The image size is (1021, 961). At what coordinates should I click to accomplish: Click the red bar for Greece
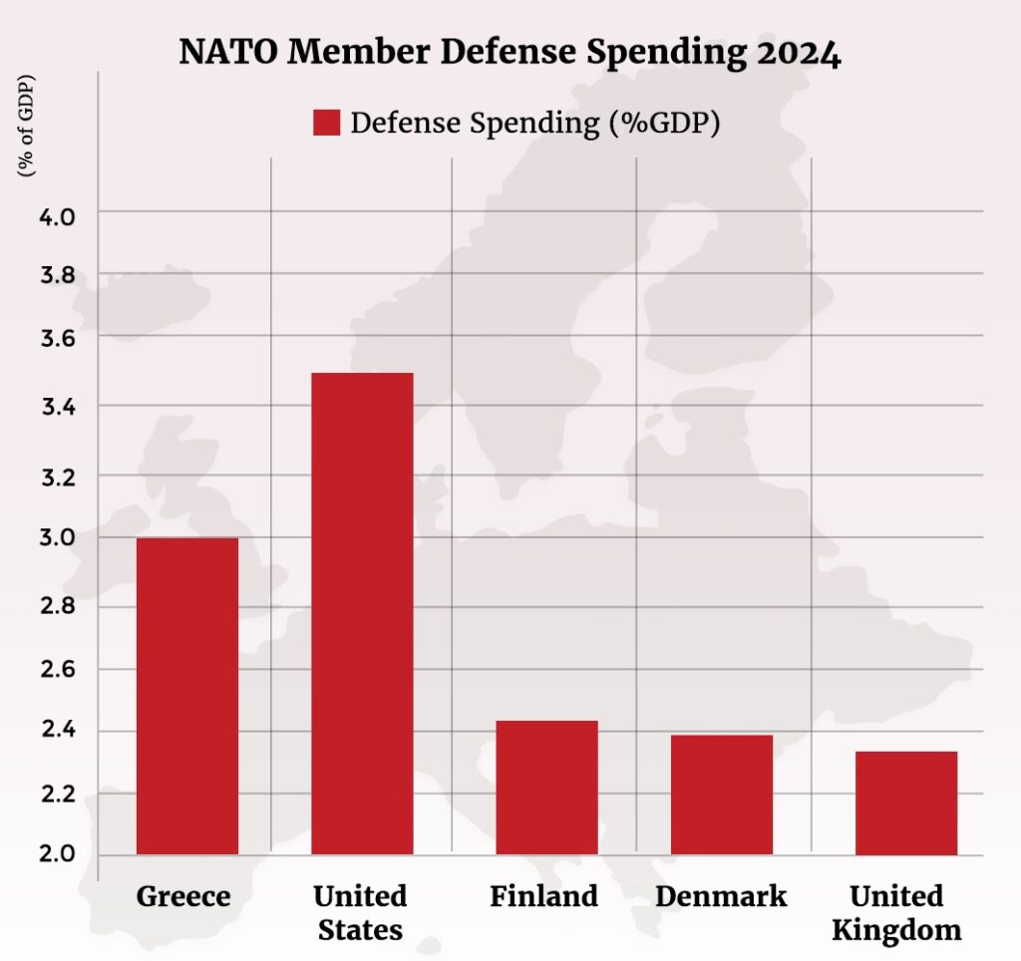186,696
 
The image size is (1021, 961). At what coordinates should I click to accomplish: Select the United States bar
362,613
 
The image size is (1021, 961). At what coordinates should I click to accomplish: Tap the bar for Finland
546,788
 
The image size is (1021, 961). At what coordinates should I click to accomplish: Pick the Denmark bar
721,795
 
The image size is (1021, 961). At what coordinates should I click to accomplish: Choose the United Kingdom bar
906,802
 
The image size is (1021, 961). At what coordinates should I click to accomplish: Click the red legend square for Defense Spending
327,123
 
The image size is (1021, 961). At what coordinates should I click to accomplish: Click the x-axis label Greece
183,896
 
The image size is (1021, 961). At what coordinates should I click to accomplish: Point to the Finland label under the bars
543,896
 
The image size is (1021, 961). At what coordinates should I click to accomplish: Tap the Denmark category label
720,896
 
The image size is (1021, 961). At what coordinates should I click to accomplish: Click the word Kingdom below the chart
896,931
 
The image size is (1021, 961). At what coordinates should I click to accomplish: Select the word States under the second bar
361,931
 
